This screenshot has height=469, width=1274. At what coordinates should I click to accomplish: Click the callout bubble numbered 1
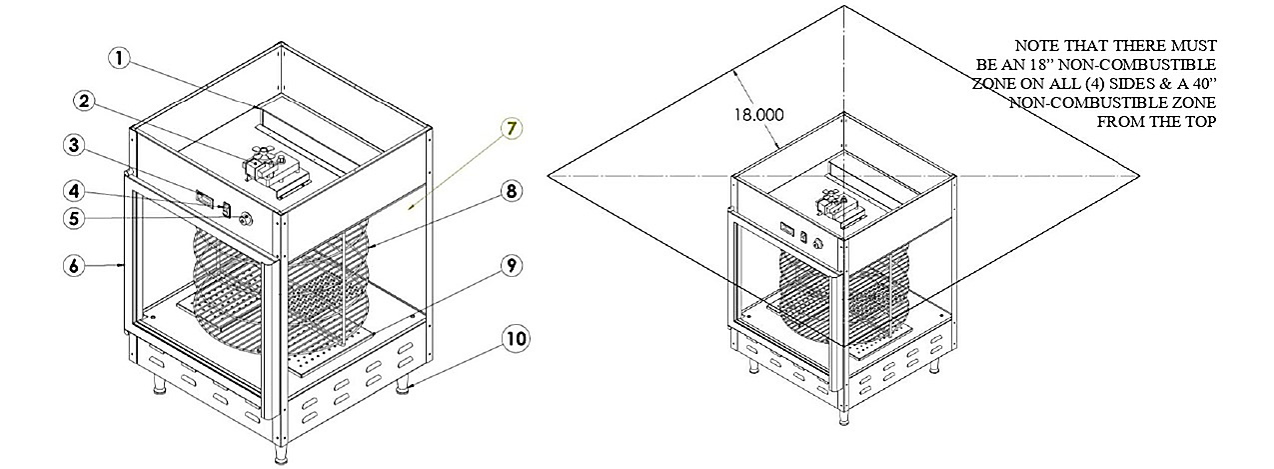(x=120, y=59)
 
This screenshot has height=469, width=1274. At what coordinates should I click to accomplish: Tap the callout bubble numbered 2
(x=85, y=102)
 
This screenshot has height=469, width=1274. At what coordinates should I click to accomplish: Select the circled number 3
(x=74, y=146)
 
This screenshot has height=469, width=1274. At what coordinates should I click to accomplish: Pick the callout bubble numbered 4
(x=74, y=191)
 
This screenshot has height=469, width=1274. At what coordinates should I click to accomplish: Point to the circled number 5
(x=74, y=219)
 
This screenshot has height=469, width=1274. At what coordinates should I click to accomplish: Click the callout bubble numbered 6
(x=74, y=266)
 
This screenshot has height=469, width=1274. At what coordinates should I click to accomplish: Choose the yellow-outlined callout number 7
(x=511, y=129)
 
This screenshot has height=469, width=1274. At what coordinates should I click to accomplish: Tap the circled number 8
(x=511, y=191)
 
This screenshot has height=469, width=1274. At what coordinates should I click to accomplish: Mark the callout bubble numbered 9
(x=512, y=266)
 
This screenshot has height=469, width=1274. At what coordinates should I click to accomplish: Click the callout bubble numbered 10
(x=517, y=339)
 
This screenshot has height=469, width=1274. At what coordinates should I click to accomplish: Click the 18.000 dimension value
(x=758, y=115)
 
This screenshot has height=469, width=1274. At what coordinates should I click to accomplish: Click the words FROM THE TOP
(x=1156, y=122)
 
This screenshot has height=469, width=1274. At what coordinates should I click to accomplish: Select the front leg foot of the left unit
(x=281, y=454)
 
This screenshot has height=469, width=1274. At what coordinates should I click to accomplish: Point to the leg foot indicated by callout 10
(x=403, y=386)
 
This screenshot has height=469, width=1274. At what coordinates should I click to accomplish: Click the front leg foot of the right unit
(x=843, y=417)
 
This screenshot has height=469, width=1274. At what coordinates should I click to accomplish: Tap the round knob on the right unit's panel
(x=818, y=244)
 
